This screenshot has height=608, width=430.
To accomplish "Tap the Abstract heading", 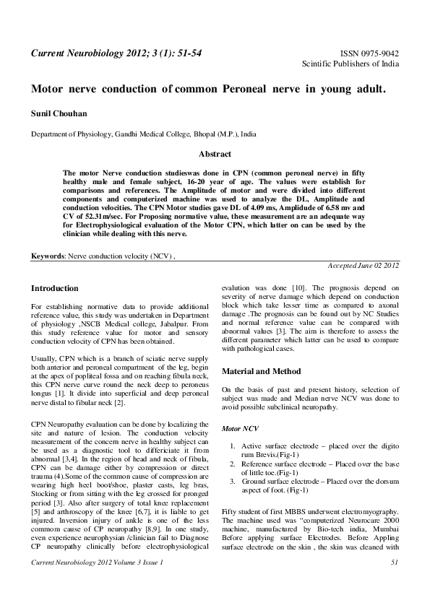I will click(215, 154).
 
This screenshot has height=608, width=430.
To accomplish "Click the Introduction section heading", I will click(55, 288).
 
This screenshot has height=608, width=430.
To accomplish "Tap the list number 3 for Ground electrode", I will click(232, 479).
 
